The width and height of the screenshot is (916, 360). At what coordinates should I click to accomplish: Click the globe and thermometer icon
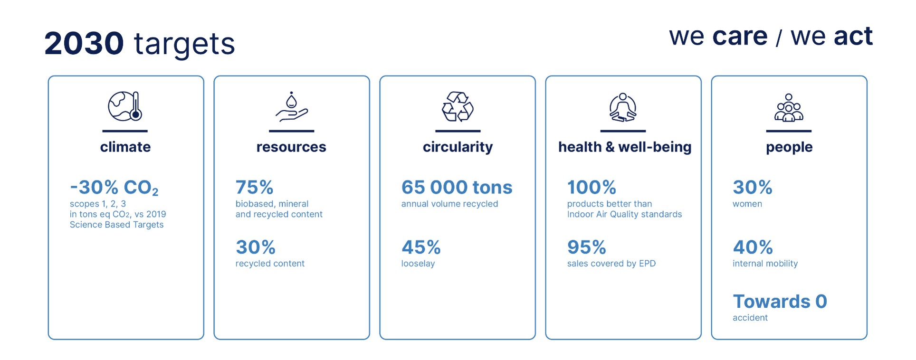[x=125, y=106]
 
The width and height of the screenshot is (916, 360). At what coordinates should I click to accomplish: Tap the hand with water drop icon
[x=291, y=106]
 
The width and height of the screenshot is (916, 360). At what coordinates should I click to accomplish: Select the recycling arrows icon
[x=458, y=106]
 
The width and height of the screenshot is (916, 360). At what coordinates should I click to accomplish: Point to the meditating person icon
[x=623, y=107]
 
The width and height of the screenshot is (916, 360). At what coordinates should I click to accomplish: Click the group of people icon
[x=789, y=107]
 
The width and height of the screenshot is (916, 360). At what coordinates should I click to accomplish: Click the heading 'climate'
[x=125, y=147]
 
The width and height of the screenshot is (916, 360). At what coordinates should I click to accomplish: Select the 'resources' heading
[x=291, y=147]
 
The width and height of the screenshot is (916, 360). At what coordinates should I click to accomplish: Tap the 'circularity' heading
[x=458, y=147]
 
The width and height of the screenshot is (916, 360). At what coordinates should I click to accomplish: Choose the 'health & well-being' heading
[x=625, y=147]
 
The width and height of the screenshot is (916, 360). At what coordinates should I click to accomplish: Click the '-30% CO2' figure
[x=114, y=188]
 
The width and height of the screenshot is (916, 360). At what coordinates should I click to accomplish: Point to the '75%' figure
[x=254, y=187]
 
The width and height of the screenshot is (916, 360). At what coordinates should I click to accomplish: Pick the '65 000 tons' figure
[x=457, y=187]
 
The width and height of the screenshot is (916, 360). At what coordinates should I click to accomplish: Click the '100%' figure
[x=592, y=187]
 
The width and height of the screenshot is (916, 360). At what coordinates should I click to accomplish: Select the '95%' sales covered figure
[x=586, y=247]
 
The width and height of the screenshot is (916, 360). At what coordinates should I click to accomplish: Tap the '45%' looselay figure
[x=421, y=247]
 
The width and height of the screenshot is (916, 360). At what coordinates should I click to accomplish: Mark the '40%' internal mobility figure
[x=753, y=247]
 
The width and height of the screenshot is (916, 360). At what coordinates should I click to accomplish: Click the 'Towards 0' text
[x=780, y=301]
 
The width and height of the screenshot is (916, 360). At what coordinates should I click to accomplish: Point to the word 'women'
[x=747, y=204]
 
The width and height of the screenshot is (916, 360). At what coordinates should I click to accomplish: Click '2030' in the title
[x=84, y=43]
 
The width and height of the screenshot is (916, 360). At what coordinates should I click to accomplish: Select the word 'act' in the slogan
[x=853, y=36]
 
